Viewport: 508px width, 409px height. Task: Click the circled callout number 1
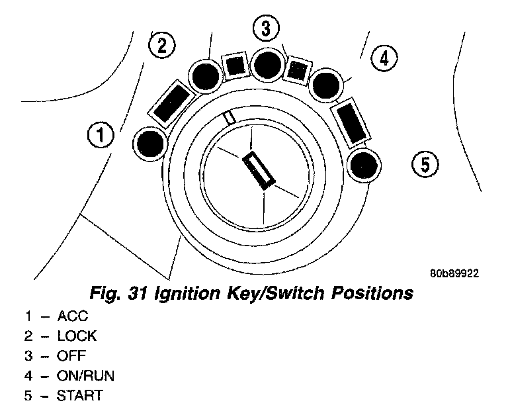(x=101, y=136)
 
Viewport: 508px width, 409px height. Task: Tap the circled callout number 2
(x=162, y=45)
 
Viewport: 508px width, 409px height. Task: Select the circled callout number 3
(x=266, y=28)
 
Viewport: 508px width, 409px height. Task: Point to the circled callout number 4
(x=383, y=58)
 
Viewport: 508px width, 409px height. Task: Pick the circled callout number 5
(x=425, y=162)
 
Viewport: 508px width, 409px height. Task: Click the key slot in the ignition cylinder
(x=257, y=171)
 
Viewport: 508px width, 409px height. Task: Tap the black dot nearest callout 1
(x=150, y=143)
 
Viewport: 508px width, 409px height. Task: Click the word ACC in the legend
(x=73, y=316)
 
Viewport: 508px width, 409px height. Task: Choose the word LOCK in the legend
(x=77, y=336)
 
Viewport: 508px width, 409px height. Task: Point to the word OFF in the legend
(x=72, y=356)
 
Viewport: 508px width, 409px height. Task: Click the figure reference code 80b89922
(x=453, y=272)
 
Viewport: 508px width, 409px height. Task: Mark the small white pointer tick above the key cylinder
(x=230, y=117)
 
